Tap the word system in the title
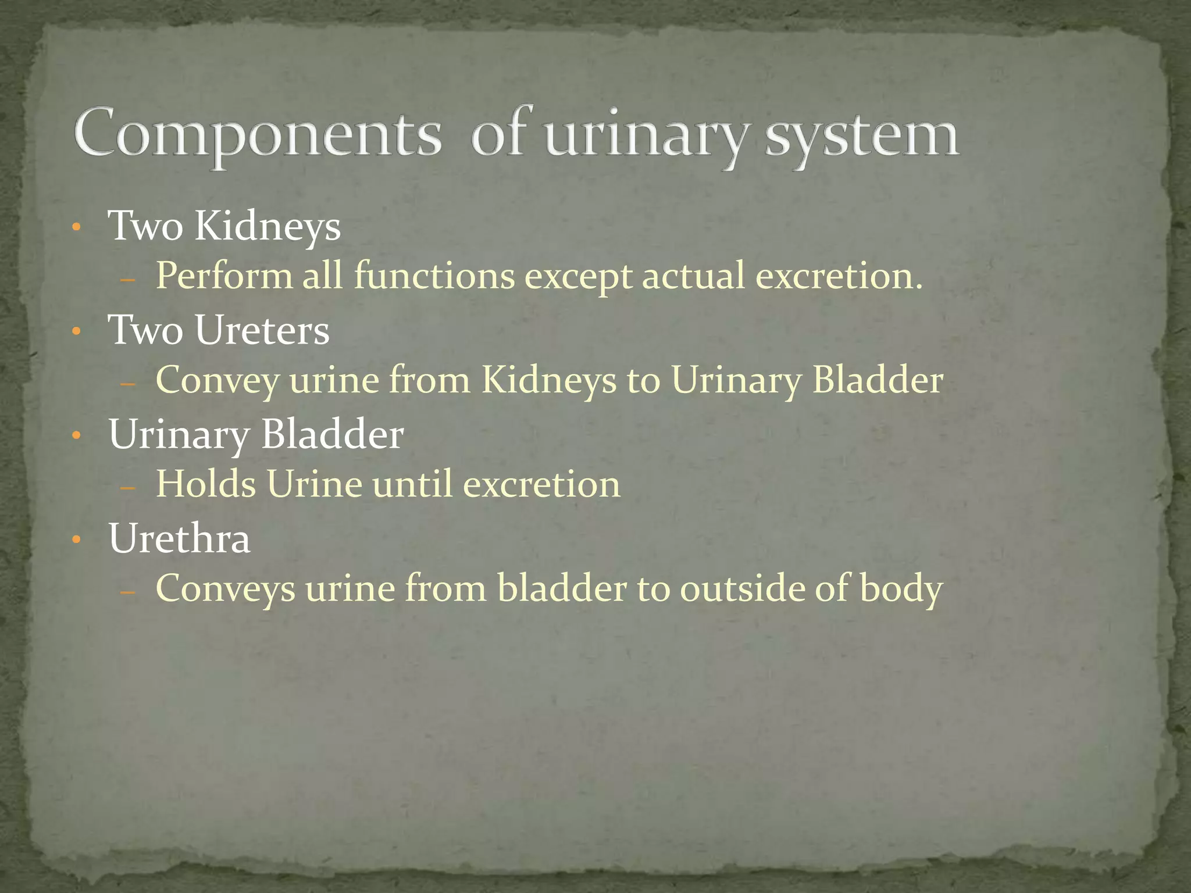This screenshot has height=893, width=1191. pyautogui.click(x=861, y=135)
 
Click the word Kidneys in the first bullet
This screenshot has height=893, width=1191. pyautogui.click(x=268, y=226)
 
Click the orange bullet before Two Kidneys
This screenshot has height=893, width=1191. pyautogui.click(x=76, y=227)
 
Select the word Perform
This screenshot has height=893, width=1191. pyautogui.click(x=224, y=276)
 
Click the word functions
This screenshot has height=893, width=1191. pyautogui.click(x=434, y=276)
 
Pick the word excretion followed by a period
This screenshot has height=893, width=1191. pyautogui.click(x=839, y=276)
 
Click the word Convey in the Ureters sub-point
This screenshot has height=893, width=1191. pyautogui.click(x=217, y=380)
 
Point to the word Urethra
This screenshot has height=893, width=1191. pyautogui.click(x=179, y=538)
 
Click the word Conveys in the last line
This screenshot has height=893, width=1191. pyautogui.click(x=225, y=588)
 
